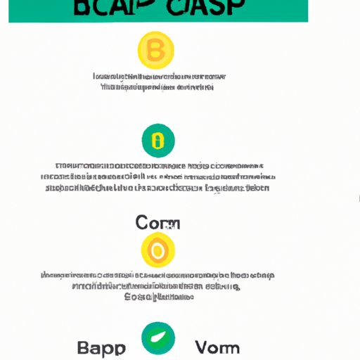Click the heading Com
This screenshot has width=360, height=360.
click(157, 224)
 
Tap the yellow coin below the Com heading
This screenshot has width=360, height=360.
click(157, 250)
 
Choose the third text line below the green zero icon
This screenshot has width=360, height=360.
click(157, 188)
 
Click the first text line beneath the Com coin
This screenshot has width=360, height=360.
click(157, 275)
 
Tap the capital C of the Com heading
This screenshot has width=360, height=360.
click(141, 224)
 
